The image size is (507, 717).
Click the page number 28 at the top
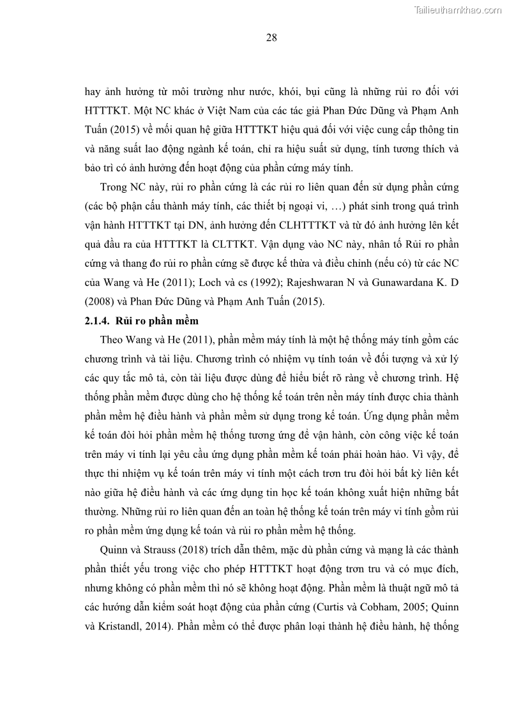coord(271,38)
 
